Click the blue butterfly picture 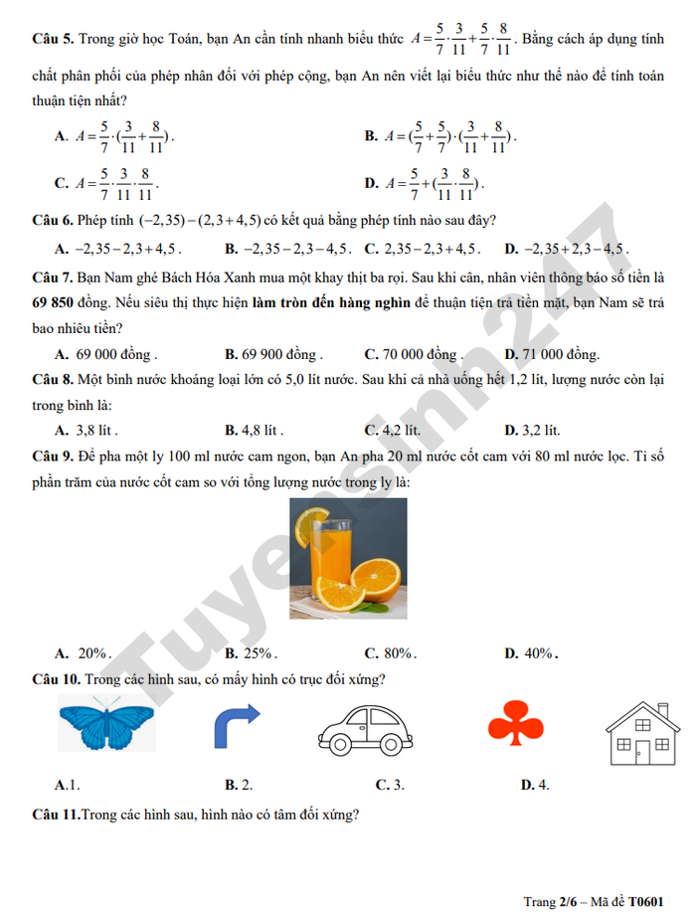point(106,724)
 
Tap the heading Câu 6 point(52,220)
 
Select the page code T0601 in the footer point(645,901)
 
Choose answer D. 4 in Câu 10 point(536,784)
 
